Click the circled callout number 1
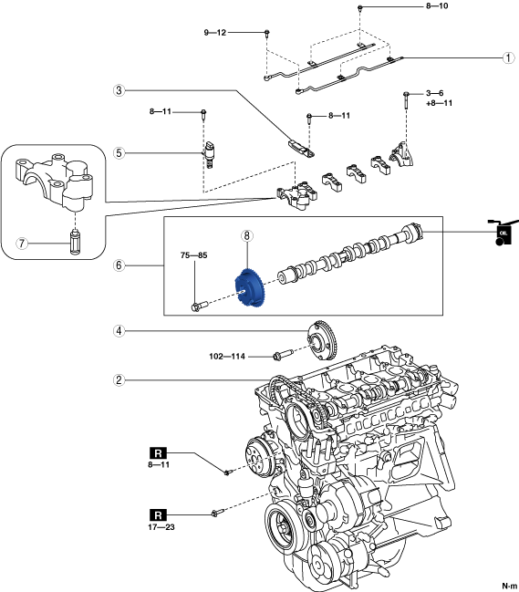[x=508, y=57]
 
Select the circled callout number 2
[x=119, y=379]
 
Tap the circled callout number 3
[x=119, y=90]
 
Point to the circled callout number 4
[x=119, y=331]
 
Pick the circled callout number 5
[x=119, y=153]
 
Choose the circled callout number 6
[x=119, y=265]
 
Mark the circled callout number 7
[x=22, y=244]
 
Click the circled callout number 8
[x=247, y=236]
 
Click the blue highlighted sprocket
[x=250, y=289]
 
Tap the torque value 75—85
[x=194, y=255]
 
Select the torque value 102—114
[x=227, y=356]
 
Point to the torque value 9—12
[x=215, y=33]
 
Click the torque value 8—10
[x=437, y=6]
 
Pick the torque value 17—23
[x=161, y=527]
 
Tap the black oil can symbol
[x=502, y=232]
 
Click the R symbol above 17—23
[x=158, y=515]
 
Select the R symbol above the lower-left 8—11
[x=158, y=452]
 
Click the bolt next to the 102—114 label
[x=283, y=354]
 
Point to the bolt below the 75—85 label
[x=200, y=306]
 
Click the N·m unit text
[x=510, y=587]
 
